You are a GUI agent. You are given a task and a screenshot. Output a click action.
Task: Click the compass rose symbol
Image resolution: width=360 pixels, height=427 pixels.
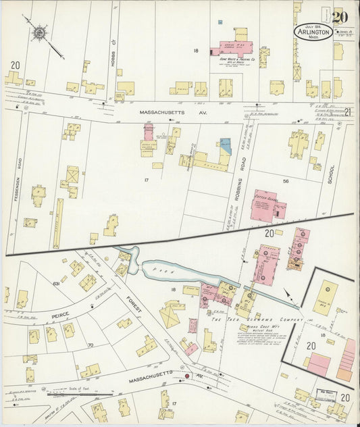(x=40, y=31)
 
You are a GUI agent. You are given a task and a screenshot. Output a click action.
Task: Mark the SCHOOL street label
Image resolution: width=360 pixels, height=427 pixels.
(x=331, y=176)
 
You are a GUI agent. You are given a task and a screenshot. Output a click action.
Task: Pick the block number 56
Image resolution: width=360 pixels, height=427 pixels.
(x=286, y=181)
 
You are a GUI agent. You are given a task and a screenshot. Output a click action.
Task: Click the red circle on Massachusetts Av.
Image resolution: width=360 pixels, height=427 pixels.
(x=188, y=376)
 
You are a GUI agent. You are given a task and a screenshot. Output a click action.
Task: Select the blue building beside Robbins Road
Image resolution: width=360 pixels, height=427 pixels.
(x=224, y=145)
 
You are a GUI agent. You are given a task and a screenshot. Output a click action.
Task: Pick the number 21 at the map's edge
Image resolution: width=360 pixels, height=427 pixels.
(x=348, y=112)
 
